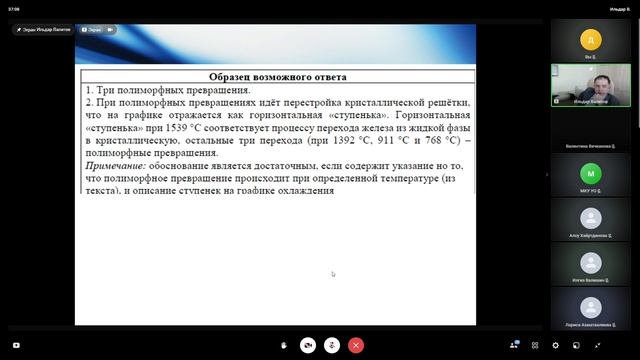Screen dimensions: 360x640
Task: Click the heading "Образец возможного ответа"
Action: (278, 77)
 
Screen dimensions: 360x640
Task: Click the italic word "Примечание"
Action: (114, 165)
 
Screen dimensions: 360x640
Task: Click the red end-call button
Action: (355, 344)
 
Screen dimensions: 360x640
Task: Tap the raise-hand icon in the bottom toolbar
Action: (284, 344)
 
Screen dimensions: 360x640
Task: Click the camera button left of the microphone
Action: (308, 344)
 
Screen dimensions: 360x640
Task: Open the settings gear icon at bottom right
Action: (555, 344)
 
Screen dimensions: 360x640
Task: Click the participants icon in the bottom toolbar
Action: (514, 344)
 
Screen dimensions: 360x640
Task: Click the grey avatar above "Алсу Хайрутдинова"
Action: (591, 218)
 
